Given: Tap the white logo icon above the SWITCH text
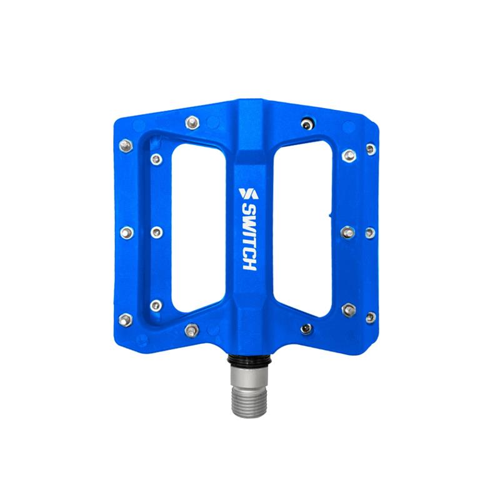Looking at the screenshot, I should click(x=248, y=193).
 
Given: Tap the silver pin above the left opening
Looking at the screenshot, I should click(x=192, y=122).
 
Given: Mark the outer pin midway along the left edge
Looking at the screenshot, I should click(x=126, y=232).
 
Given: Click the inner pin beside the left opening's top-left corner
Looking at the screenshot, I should click(x=156, y=159).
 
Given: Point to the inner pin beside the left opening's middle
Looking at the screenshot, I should click(x=156, y=232).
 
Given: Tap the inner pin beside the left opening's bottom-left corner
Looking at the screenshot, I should click(x=156, y=306).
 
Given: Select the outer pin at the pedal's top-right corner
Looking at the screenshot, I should click(x=371, y=149).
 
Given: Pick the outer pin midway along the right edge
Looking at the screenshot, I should click(x=370, y=232).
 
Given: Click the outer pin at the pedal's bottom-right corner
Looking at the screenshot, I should click(x=370, y=317).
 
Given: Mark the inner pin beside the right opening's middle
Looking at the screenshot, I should click(x=347, y=232).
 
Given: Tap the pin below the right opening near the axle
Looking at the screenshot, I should click(x=306, y=329).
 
